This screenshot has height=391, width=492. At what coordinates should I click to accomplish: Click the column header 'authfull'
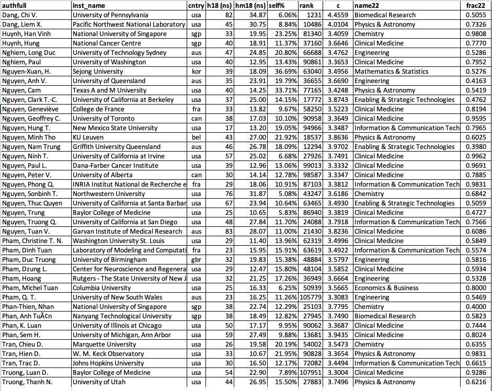pos(15,5)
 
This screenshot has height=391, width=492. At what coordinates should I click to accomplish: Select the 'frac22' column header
pos(474,5)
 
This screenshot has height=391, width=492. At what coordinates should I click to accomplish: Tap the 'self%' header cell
pos(276,5)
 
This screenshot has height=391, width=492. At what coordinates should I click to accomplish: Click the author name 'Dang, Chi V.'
pos(20,15)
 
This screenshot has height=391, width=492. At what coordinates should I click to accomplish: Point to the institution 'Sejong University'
pos(98,71)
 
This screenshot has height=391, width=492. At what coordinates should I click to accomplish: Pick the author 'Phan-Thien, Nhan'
pos(28,306)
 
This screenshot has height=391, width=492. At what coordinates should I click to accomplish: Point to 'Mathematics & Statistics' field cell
pos(391,71)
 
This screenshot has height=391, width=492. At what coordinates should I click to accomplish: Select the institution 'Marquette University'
pos(101,344)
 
